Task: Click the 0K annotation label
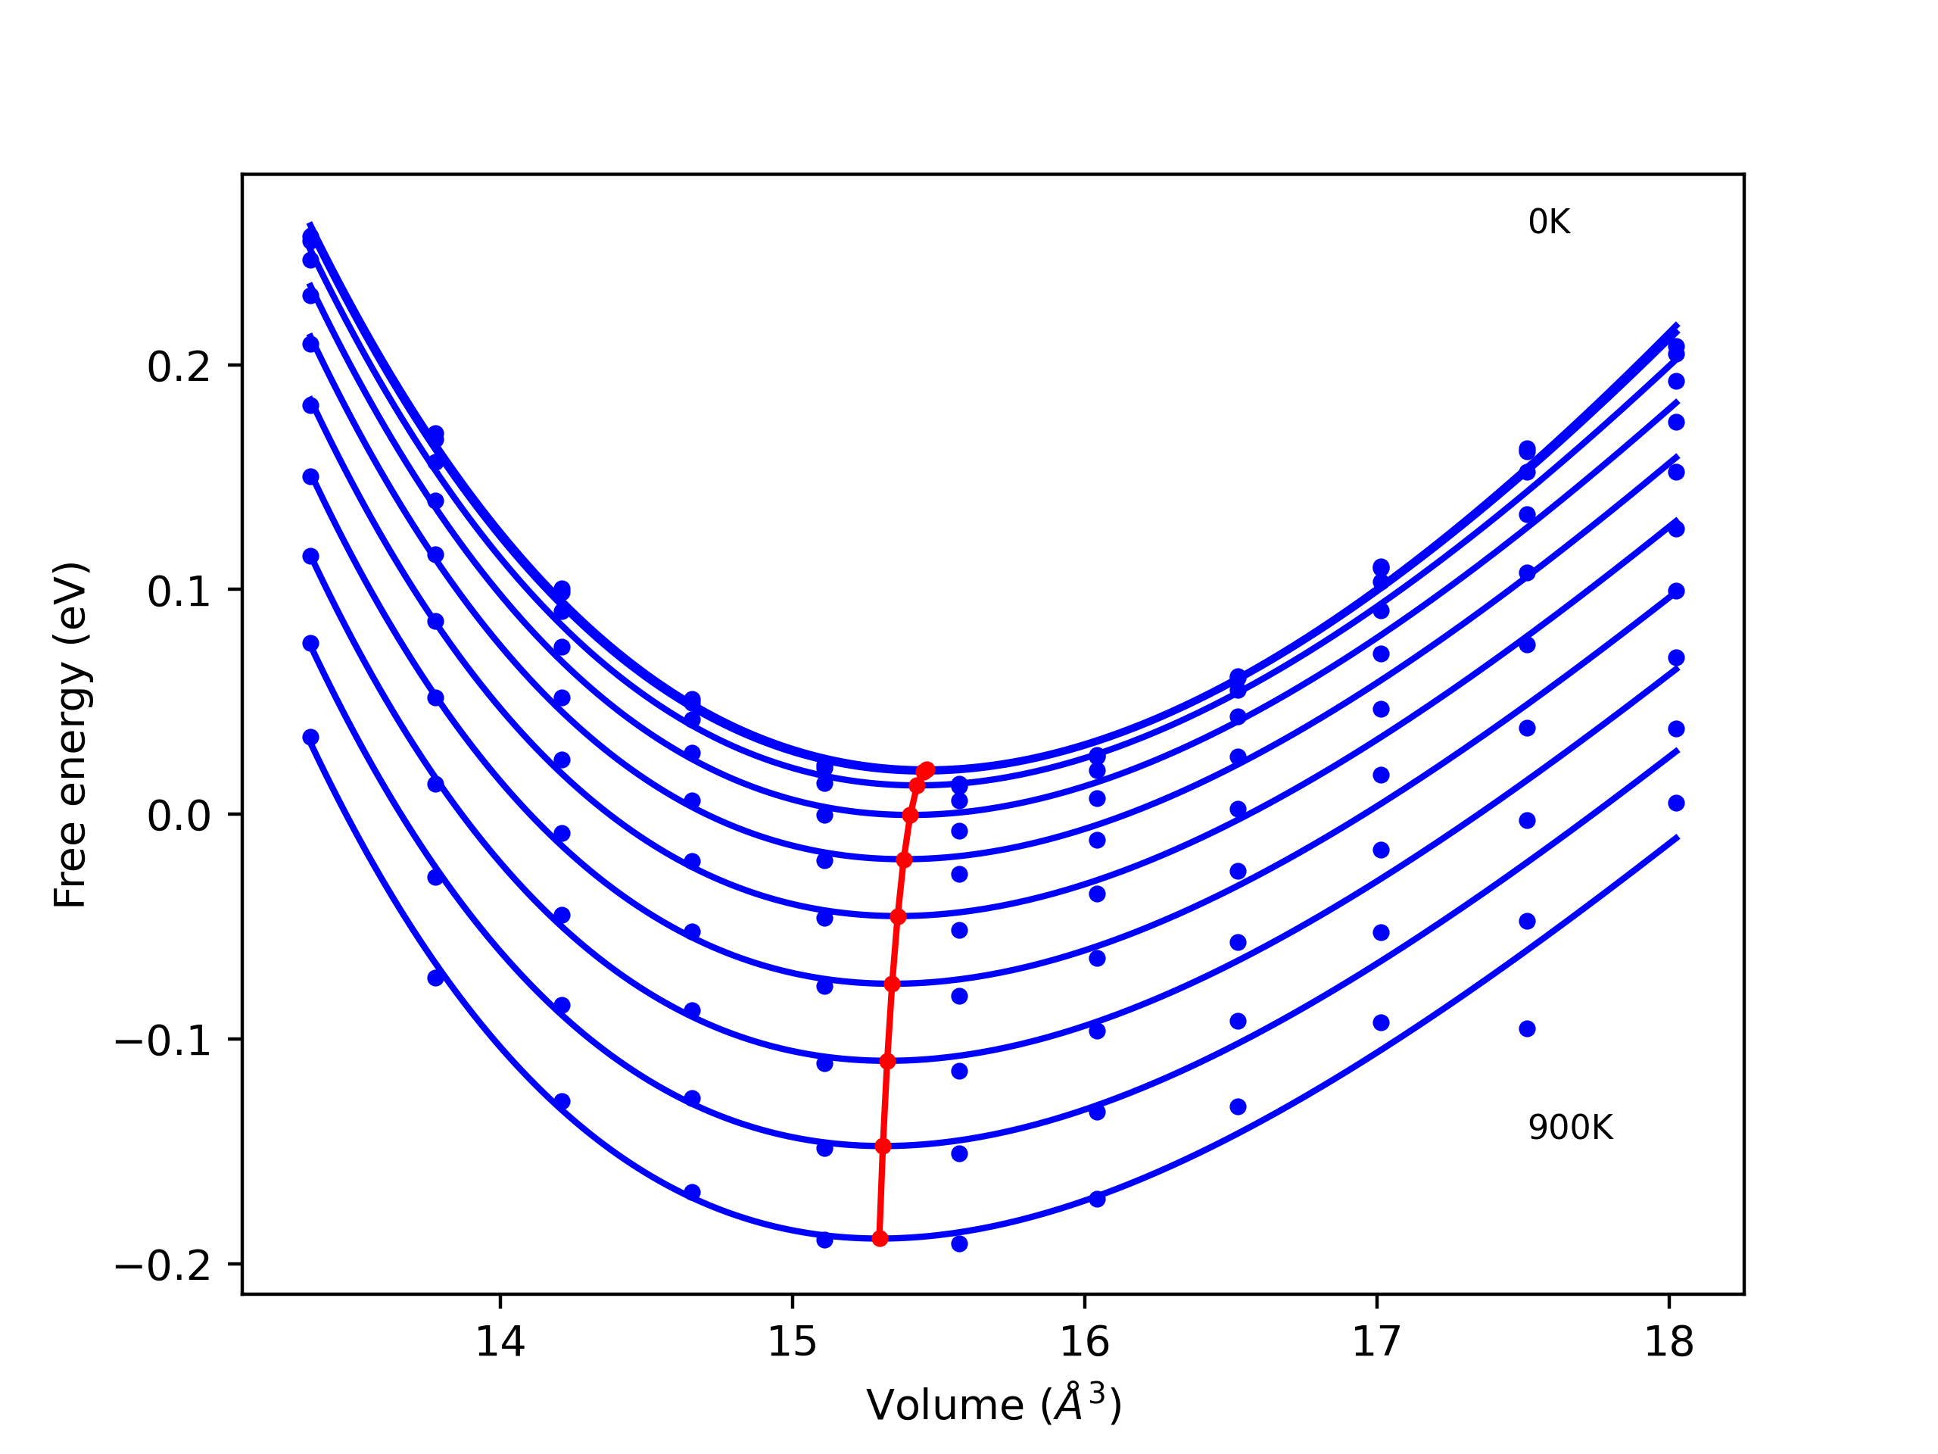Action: pos(1549,223)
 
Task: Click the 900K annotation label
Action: pos(1570,1128)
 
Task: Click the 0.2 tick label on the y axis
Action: pos(179,367)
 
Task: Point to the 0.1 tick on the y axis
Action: pos(179,591)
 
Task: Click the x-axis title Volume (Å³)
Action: pos(993,1405)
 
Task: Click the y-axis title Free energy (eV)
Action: pos(70,735)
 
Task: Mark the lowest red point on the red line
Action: pos(880,1238)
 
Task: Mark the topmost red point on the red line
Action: pos(927,769)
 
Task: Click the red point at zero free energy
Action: pos(910,815)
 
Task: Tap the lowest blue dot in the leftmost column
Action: pos(310,737)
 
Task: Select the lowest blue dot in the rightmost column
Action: pos(1676,803)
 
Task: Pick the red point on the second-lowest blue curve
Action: pos(882,1147)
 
